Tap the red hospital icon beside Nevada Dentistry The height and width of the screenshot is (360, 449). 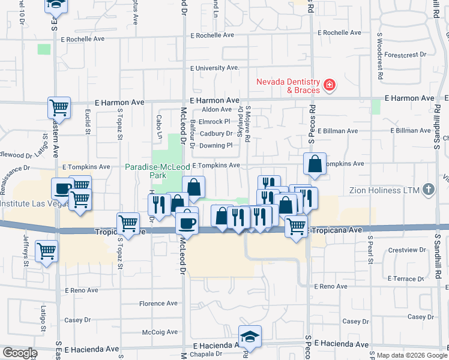coord(328,86)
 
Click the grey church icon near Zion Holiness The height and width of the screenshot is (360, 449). coord(427,190)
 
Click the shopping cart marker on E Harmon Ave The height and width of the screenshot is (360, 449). coord(59,108)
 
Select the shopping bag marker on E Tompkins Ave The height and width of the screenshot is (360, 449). coord(315,164)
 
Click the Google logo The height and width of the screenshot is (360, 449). coord(20,353)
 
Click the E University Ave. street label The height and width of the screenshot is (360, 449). coord(214,68)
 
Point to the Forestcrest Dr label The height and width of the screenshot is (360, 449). coord(406,54)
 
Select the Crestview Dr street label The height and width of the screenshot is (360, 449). coord(406,250)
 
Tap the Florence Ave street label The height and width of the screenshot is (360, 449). coord(158,304)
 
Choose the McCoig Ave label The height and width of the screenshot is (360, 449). coord(160,332)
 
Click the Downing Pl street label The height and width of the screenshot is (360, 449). coord(215,145)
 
